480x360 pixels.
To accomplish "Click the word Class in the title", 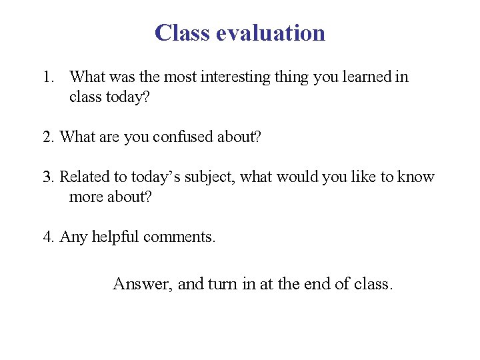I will click(x=182, y=33).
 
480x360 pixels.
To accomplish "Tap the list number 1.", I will click(x=47, y=77).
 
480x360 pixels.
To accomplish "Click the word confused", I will click(x=183, y=137).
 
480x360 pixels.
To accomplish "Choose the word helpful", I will click(x=116, y=237).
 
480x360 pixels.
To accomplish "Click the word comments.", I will click(x=179, y=237).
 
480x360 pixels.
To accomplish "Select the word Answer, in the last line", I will click(x=143, y=284).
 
